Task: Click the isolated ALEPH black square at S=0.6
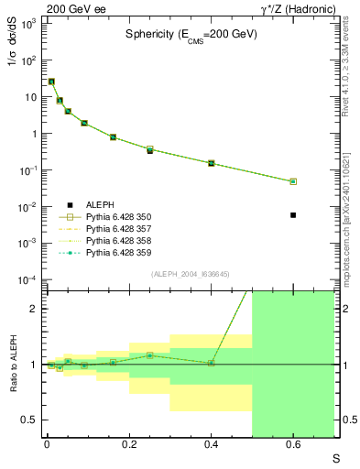coord(293,215)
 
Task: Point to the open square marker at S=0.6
coord(293,181)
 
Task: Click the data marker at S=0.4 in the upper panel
coord(211,163)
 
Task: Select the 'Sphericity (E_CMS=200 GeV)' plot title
coord(191,34)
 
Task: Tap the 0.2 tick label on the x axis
coord(129,445)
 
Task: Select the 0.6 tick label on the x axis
coord(293,445)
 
